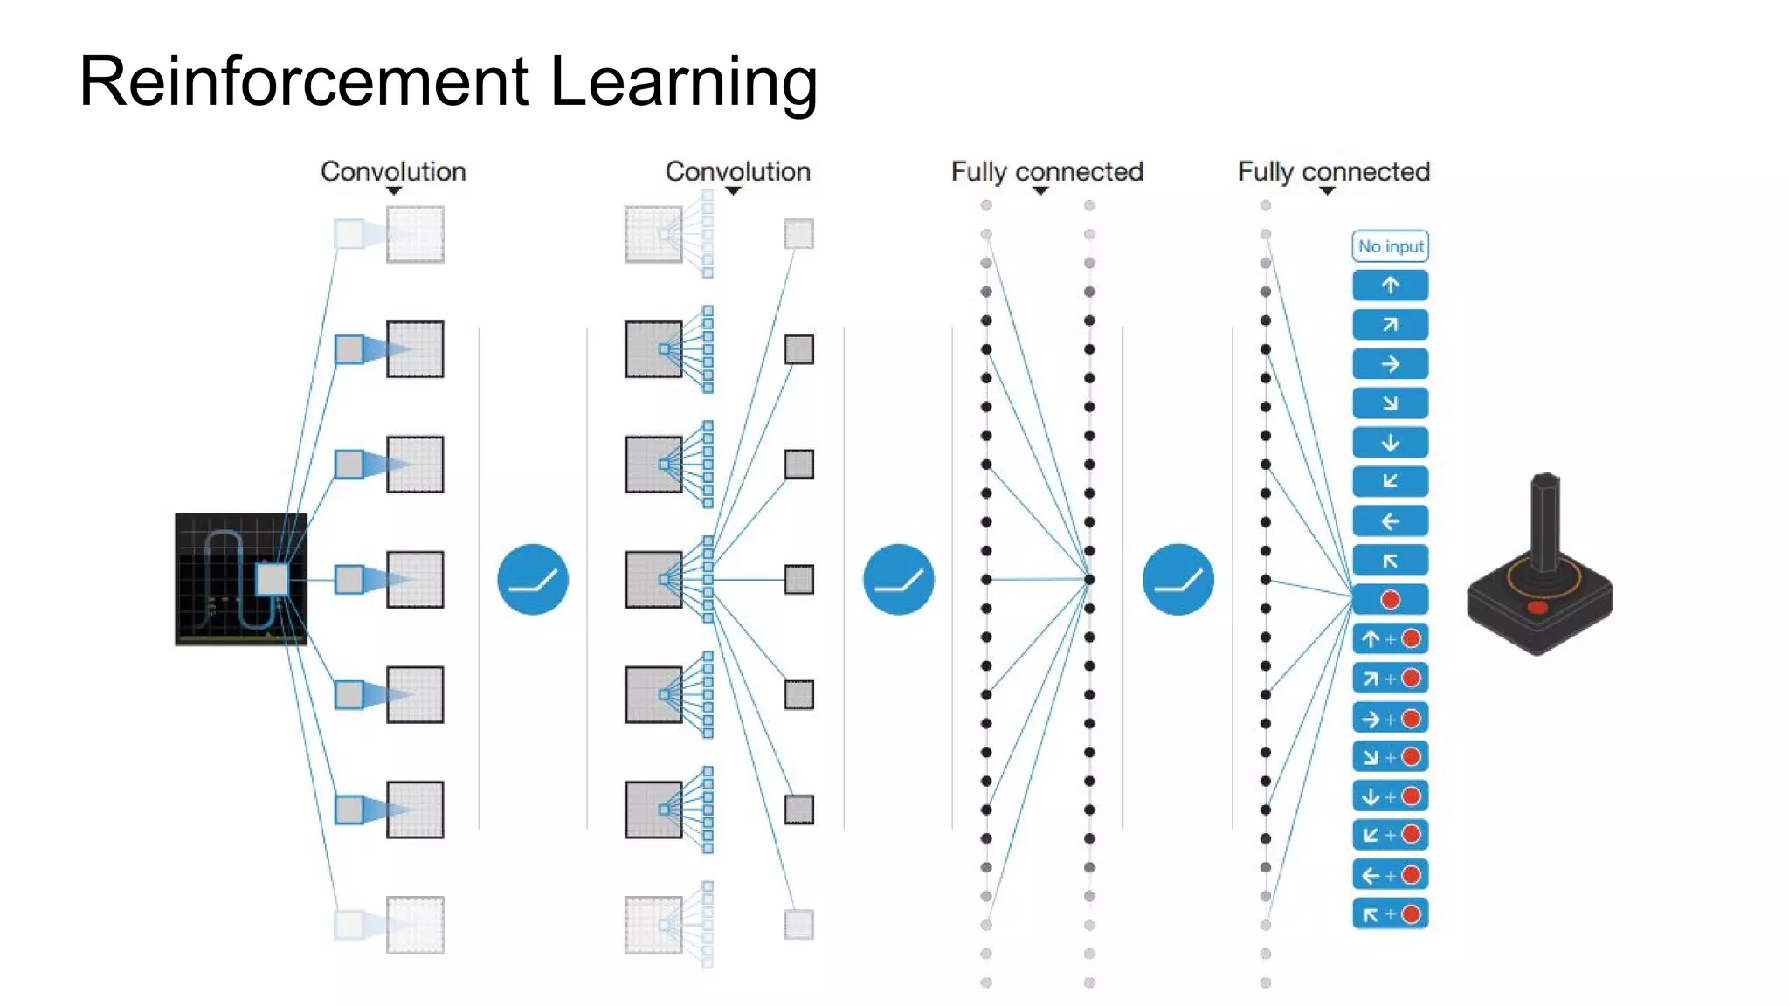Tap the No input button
(x=1390, y=246)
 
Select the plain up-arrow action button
(x=1390, y=286)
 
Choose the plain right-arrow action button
(x=1390, y=364)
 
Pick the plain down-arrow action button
(x=1390, y=443)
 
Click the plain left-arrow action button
(x=1390, y=521)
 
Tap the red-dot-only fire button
(x=1390, y=600)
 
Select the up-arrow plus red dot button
(x=1390, y=639)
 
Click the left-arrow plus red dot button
(x=1390, y=875)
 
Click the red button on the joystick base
(x=1537, y=607)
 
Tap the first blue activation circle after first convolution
(x=533, y=580)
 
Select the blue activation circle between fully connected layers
(x=1178, y=580)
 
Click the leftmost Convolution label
(x=393, y=171)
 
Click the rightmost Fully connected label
(x=1333, y=171)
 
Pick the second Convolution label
(x=737, y=171)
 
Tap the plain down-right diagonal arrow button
(x=1390, y=403)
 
